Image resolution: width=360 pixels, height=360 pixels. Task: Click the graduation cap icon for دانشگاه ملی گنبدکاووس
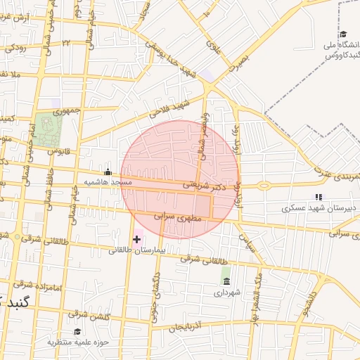click(343, 34)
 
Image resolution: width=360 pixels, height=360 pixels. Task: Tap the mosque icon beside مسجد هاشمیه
click(108, 172)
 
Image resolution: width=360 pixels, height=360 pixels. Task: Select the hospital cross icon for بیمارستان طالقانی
click(136, 240)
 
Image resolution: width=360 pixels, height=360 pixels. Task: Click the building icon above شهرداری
click(226, 281)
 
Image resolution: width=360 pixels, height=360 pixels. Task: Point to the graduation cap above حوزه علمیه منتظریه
click(77, 332)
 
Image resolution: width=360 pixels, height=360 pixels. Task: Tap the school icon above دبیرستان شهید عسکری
click(319, 198)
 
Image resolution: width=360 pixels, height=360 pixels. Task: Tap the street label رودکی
click(15, 48)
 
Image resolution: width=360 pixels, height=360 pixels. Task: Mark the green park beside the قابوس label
click(49, 129)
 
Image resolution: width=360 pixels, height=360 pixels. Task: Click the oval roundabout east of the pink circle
click(264, 186)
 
